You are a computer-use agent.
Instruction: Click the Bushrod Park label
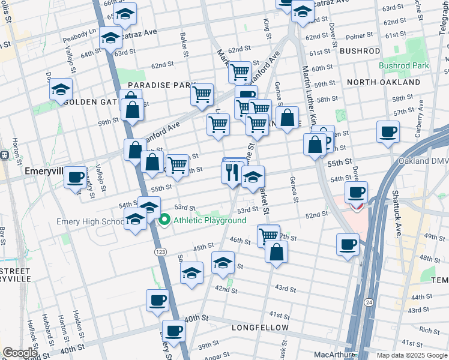point(403,65)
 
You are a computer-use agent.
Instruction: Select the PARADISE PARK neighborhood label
point(154,86)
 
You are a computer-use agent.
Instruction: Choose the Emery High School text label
point(90,221)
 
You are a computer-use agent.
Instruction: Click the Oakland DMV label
point(423,161)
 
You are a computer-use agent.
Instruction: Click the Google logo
point(20,353)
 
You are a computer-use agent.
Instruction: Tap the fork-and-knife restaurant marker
point(232,172)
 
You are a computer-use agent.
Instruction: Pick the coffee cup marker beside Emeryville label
point(76,178)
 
